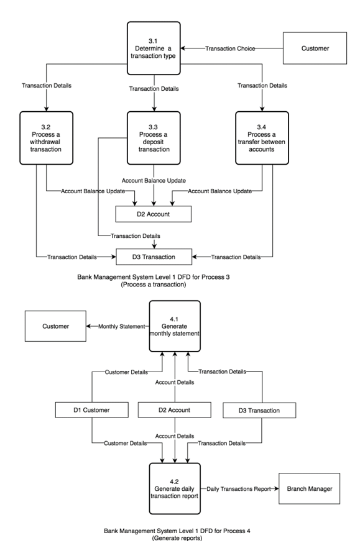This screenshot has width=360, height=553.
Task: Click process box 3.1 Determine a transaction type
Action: coord(154,48)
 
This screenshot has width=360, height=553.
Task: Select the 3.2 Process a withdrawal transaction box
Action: coord(46,137)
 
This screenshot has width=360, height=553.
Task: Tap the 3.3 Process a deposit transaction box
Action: coord(154,137)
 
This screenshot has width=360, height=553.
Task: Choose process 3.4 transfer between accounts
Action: coord(262,137)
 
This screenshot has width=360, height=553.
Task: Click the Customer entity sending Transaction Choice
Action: coord(316,47)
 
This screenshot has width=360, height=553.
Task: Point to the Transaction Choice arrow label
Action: coord(231,48)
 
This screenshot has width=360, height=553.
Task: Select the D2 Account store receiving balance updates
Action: coord(154,214)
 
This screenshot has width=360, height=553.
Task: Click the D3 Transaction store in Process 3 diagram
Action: coord(154,256)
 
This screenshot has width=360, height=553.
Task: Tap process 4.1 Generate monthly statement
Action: coord(175,328)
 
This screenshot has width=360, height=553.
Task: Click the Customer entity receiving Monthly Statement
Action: coord(55,326)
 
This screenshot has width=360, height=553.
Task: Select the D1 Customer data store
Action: coord(93,410)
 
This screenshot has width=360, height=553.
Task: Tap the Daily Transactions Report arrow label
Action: coord(239,489)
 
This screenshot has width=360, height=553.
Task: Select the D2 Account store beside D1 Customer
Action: coord(175,410)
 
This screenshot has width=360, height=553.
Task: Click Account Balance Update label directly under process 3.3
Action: coord(154,180)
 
